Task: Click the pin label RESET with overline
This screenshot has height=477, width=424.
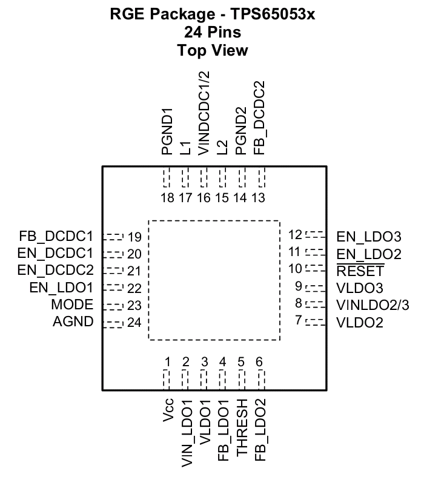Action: (x=360, y=271)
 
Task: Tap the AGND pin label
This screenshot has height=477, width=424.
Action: (x=73, y=321)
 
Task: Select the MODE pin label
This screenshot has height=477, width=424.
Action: (x=72, y=304)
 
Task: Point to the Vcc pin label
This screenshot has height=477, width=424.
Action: (x=168, y=410)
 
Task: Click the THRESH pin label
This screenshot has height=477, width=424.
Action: (x=242, y=427)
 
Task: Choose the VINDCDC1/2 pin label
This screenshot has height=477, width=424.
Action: (x=204, y=113)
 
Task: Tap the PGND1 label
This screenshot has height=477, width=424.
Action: (x=167, y=131)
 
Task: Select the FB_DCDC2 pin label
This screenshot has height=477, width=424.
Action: (x=259, y=117)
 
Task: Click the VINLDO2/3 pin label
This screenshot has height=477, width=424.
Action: (x=373, y=305)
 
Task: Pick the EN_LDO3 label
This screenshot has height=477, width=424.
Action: (x=369, y=237)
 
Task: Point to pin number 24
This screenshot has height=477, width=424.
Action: (x=134, y=323)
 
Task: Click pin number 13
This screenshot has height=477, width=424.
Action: (x=258, y=198)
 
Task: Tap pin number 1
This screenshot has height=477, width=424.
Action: (x=167, y=362)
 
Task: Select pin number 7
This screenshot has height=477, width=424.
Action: (x=299, y=320)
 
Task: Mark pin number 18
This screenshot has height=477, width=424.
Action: (x=167, y=198)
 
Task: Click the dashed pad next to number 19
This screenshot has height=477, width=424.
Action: (x=113, y=237)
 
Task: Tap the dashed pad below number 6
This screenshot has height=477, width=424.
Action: (x=262, y=380)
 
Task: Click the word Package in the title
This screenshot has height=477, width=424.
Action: (x=182, y=14)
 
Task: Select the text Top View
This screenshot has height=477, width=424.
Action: (x=213, y=50)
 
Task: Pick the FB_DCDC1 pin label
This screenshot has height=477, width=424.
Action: (x=56, y=236)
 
